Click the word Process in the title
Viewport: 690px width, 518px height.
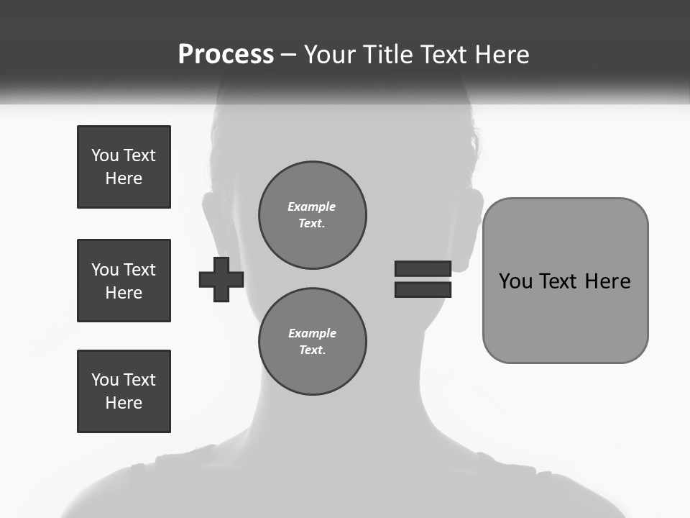(x=226, y=55)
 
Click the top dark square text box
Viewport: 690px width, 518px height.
(x=124, y=167)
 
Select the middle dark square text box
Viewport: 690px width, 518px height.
(x=124, y=281)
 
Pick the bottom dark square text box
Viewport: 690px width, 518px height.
(x=124, y=391)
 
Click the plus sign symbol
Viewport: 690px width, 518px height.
(x=221, y=279)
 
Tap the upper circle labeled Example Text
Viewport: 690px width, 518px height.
(x=312, y=215)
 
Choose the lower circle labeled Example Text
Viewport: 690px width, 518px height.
(x=312, y=342)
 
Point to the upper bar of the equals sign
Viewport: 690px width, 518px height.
(x=423, y=268)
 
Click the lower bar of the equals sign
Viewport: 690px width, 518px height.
(x=423, y=290)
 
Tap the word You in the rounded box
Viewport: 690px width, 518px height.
(x=515, y=281)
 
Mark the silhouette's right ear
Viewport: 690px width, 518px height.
(x=471, y=223)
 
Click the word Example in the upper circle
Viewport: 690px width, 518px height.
(x=312, y=206)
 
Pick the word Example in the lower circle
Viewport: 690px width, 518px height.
(x=312, y=333)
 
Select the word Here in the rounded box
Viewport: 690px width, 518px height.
(x=607, y=281)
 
